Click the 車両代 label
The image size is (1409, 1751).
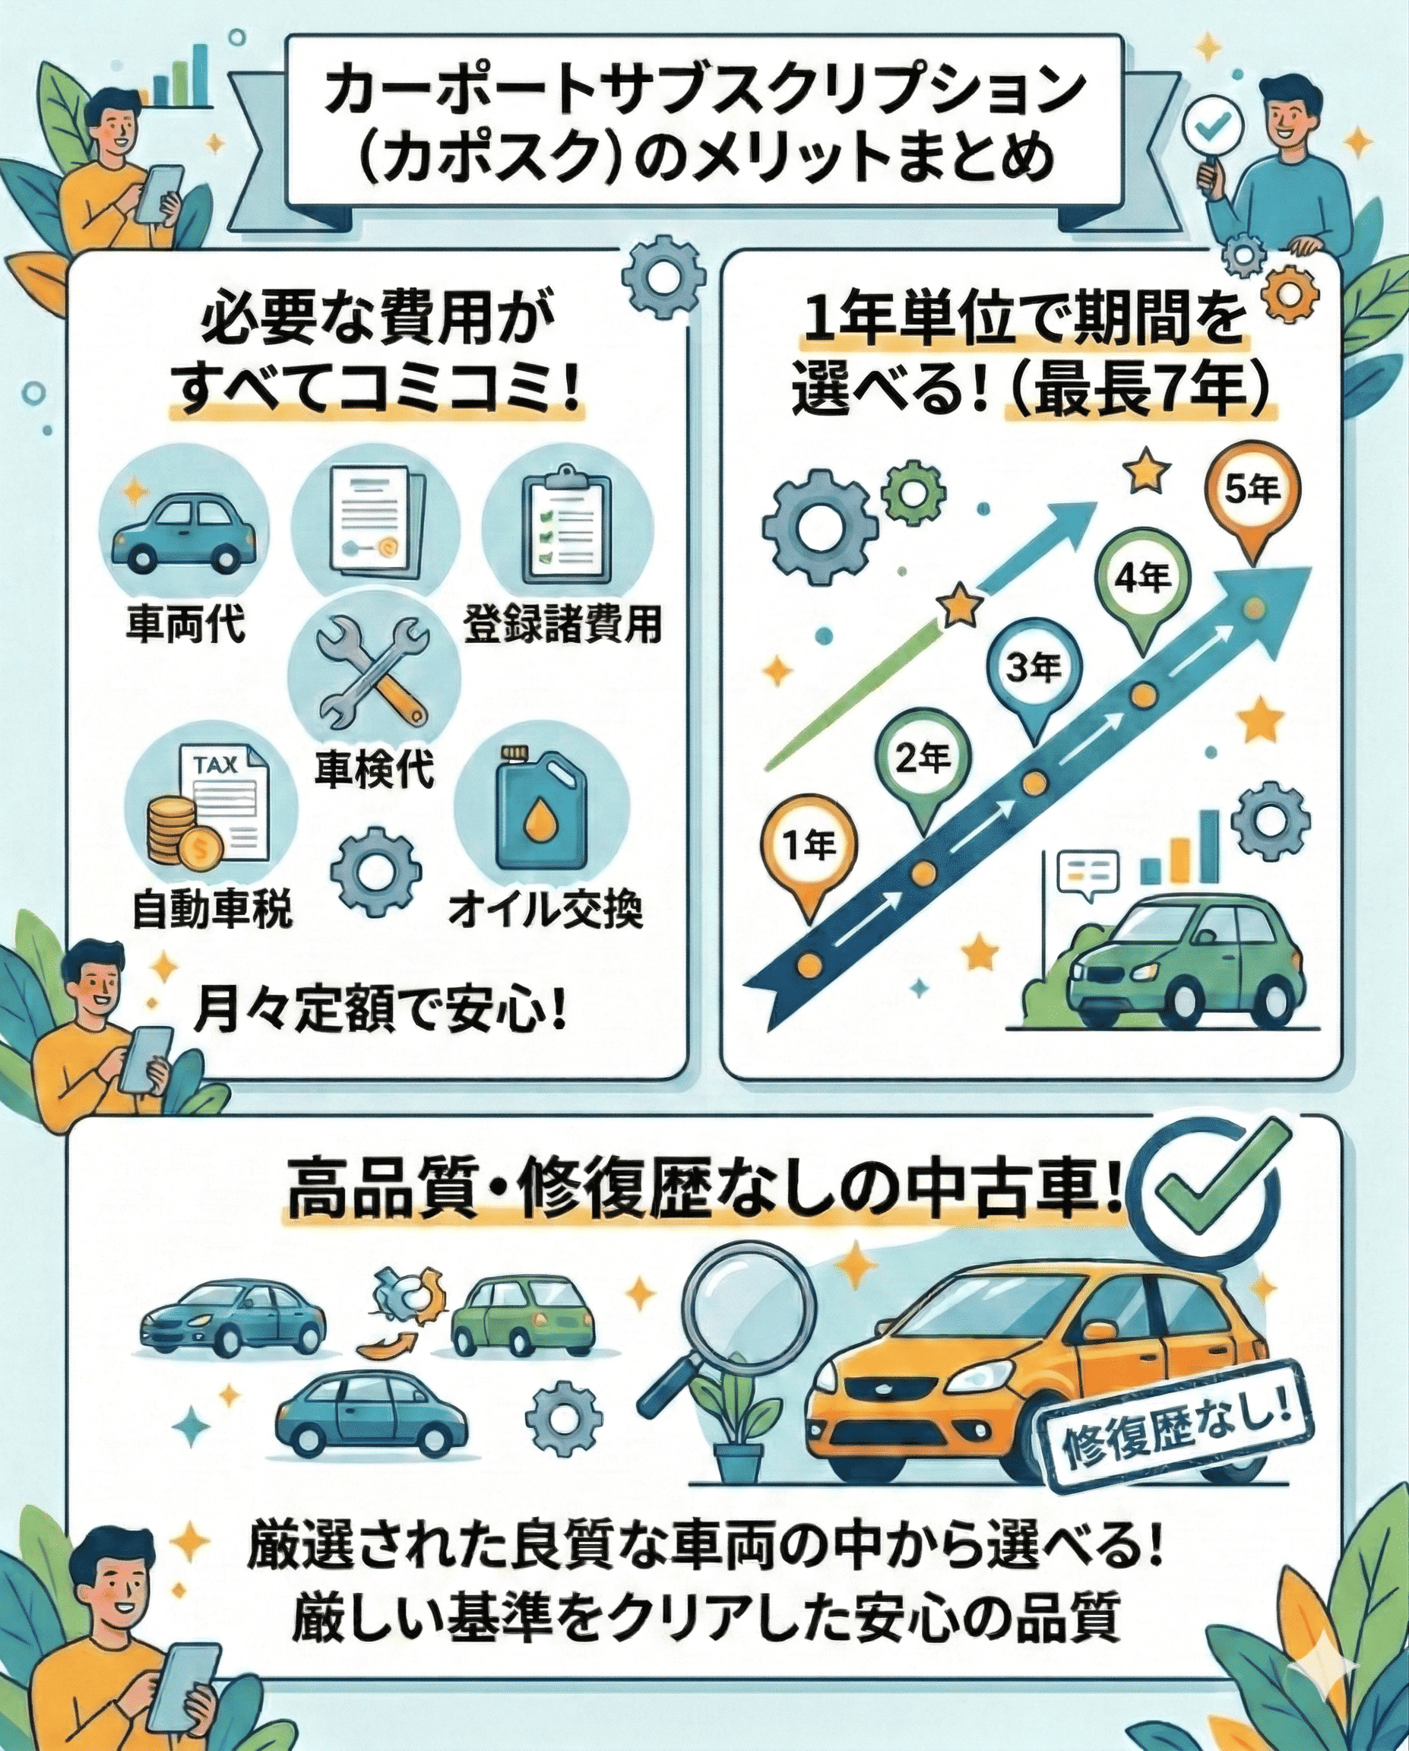[185, 625]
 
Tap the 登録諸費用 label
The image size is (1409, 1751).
[563, 625]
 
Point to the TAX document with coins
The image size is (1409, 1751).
[210, 812]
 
